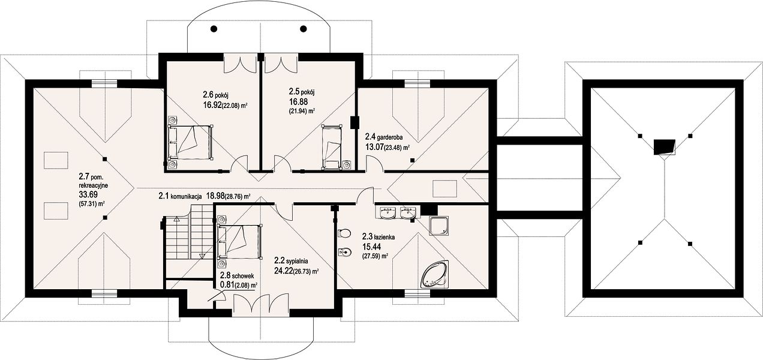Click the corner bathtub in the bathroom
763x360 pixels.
tap(435, 275)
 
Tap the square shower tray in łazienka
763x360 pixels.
tap(439, 226)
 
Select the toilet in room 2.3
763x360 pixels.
tap(344, 233)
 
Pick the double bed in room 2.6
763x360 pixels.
tap(190, 142)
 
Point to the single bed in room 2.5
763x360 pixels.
tap(332, 147)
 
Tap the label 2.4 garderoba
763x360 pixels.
tap(384, 137)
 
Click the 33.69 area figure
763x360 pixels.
tap(88, 194)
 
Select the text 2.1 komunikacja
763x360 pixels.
tap(180, 196)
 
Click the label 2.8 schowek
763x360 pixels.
tap(237, 276)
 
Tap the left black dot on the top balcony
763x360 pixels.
tap(214, 29)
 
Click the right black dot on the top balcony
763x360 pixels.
tap(304, 29)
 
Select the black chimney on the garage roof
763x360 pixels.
tap(664, 147)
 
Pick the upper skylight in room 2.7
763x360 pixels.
tap(56, 161)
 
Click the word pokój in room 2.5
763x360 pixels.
tap(308, 92)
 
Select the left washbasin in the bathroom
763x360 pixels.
tap(387, 213)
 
